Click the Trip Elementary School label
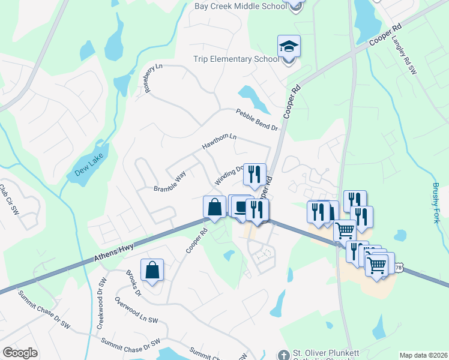click(x=236, y=59)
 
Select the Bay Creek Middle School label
click(x=240, y=6)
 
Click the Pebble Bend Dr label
click(x=258, y=120)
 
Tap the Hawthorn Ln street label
click(x=219, y=142)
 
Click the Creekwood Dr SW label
click(x=100, y=303)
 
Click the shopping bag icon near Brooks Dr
click(x=152, y=270)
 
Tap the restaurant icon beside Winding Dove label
click(x=255, y=174)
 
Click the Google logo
click(x=20, y=353)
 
